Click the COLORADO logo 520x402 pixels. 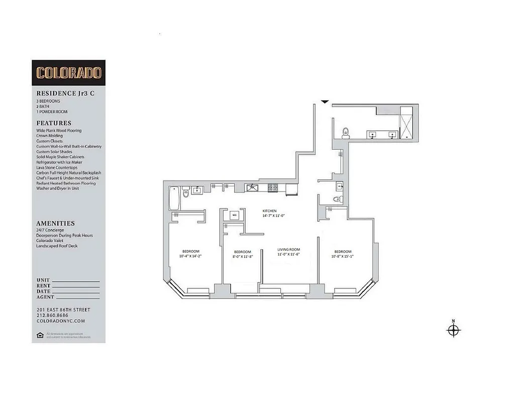point(69,72)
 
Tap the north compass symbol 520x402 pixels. point(454,330)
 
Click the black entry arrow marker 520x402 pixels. point(325,102)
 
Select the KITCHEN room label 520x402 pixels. point(270,211)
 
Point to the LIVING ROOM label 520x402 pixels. point(289,249)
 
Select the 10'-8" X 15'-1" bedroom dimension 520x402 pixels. point(343,257)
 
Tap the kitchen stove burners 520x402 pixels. point(272,188)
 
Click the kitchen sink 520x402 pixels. point(252,188)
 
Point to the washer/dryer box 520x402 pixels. point(234,215)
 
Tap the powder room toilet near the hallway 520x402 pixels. point(338,199)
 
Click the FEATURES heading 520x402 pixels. point(54,123)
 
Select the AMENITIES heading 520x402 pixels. point(55,223)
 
